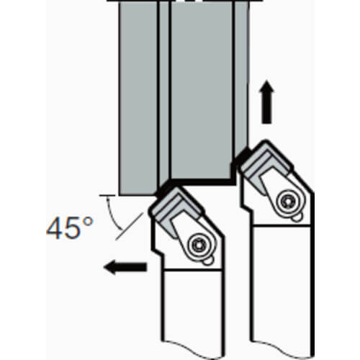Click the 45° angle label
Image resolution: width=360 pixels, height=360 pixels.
point(70,228)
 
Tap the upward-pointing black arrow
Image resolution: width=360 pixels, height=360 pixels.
point(266,102)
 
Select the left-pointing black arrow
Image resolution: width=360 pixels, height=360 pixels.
point(125,267)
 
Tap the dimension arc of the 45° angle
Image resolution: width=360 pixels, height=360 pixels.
point(112,214)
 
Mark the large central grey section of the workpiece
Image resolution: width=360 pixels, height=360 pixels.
point(201,91)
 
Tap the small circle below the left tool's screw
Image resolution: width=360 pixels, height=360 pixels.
point(207,261)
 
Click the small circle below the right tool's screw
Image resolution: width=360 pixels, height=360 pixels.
point(297,217)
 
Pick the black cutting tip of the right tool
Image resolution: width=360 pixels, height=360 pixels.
point(243,155)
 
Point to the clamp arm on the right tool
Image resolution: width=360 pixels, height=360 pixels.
point(271,182)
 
